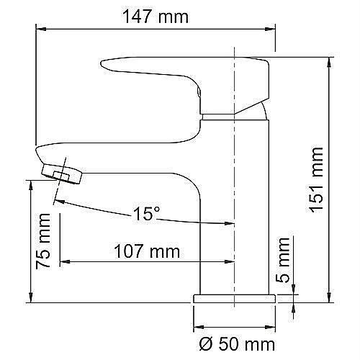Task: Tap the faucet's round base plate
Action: point(234,298)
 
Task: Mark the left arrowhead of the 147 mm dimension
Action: point(40,27)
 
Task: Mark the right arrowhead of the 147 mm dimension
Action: point(272,27)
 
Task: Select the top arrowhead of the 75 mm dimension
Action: point(30,184)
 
